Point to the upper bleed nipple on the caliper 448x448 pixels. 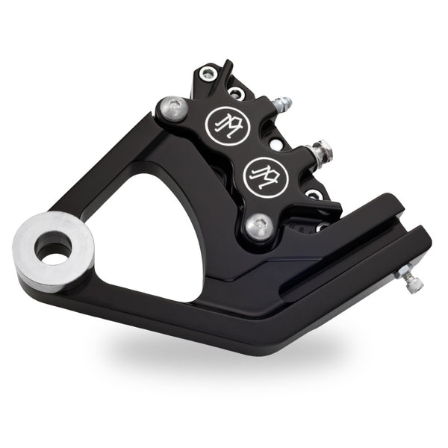point(281,103)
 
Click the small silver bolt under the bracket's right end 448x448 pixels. point(412,282)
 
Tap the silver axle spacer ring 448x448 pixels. point(52,250)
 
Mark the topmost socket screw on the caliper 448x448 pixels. point(208,73)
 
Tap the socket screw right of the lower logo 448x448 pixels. point(314,195)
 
